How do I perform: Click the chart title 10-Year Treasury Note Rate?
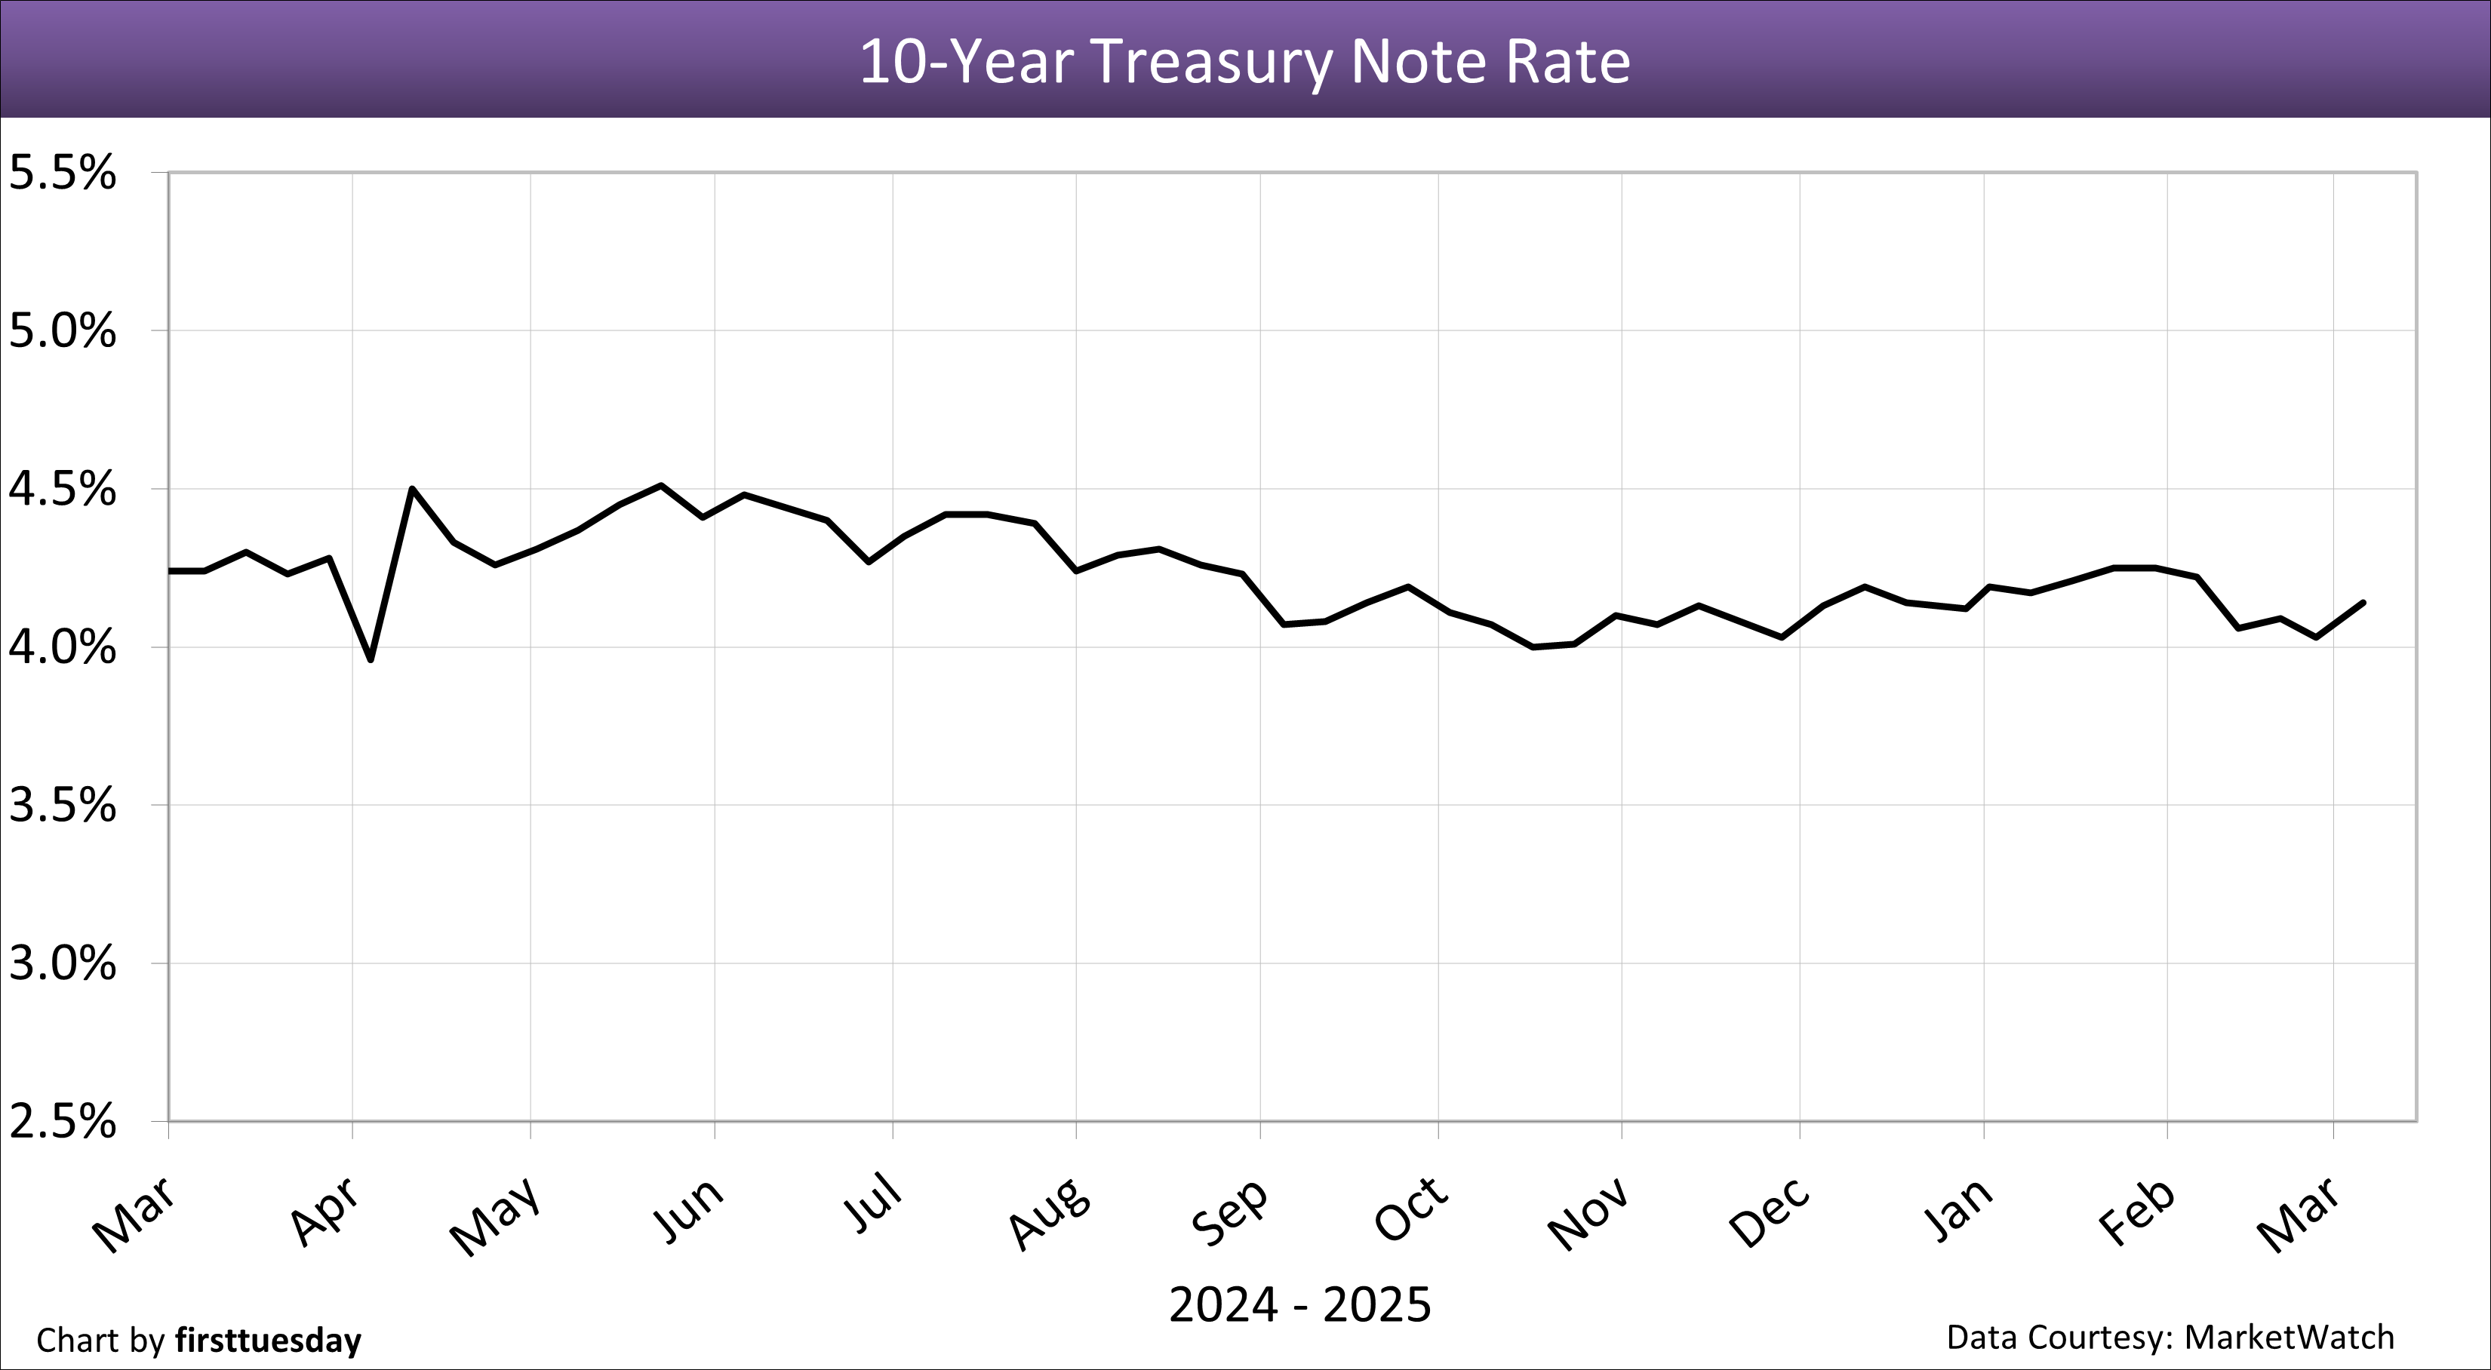(x=1244, y=61)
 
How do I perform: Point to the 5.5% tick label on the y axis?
(x=62, y=174)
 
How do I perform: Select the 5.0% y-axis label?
(x=62, y=332)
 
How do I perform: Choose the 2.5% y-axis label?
(x=62, y=1123)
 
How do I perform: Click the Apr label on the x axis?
(x=326, y=1212)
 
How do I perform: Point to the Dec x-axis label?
(x=1770, y=1212)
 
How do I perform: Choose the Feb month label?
(x=2138, y=1212)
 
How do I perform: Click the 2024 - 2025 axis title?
(x=1299, y=1305)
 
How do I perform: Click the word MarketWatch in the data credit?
(x=2289, y=1337)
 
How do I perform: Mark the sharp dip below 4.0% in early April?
(x=371, y=659)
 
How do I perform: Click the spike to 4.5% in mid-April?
(x=413, y=489)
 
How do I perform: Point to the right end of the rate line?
(x=2363, y=602)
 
